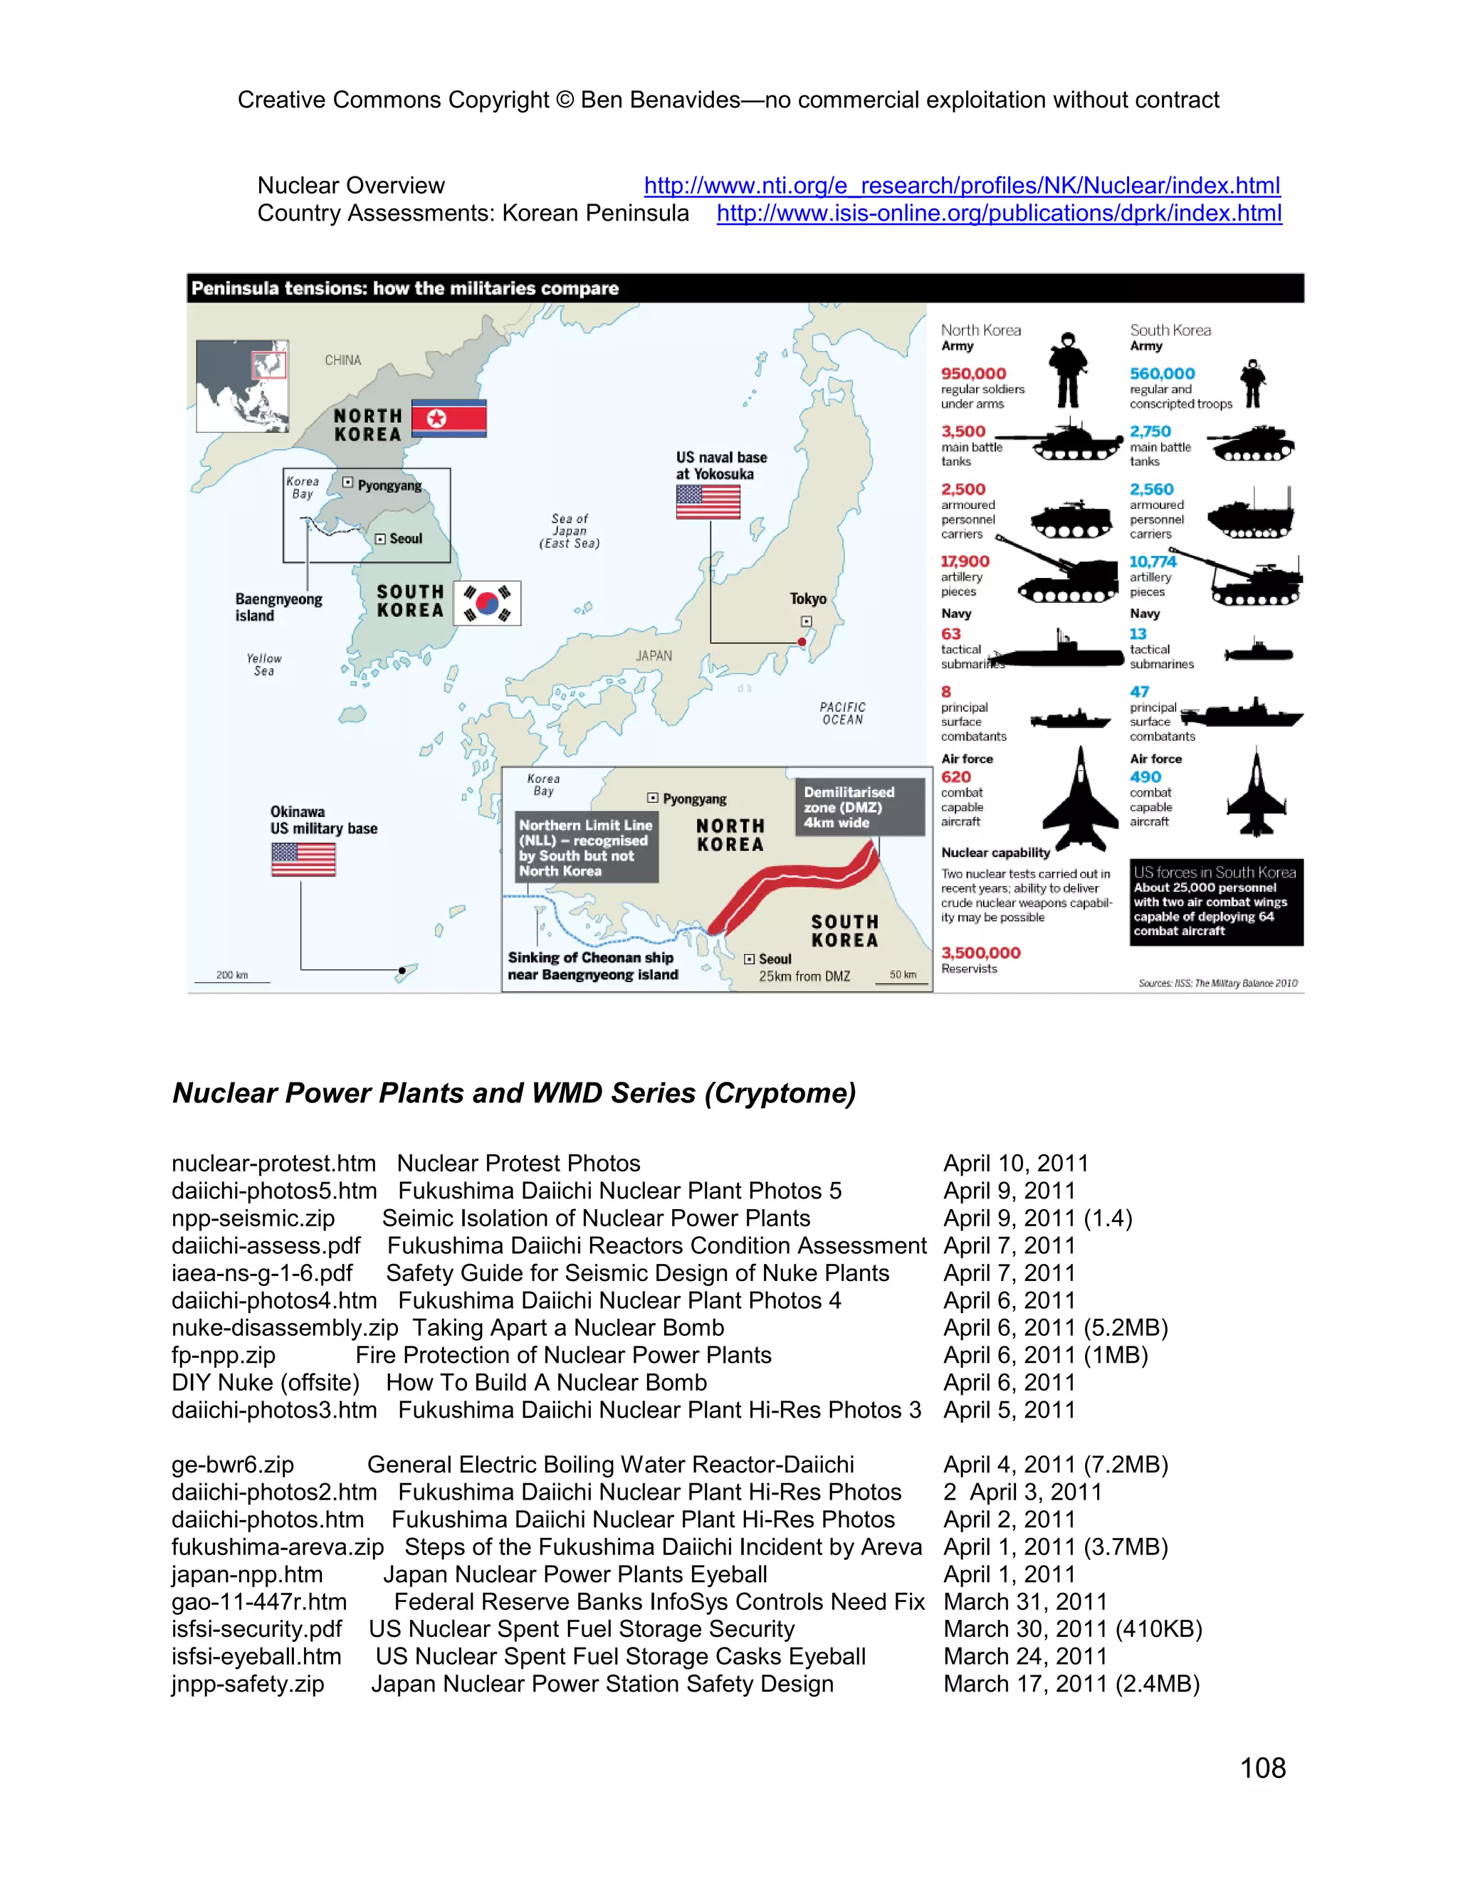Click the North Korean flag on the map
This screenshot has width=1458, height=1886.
[x=449, y=418]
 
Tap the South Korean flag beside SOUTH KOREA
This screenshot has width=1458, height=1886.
[x=487, y=603]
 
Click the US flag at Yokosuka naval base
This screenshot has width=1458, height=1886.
[x=708, y=502]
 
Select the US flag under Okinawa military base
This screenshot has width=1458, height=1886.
[x=303, y=859]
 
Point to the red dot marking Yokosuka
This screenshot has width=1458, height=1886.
[x=802, y=642]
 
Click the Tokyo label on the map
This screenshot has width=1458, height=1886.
[x=807, y=599]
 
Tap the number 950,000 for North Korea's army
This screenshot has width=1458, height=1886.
[x=973, y=373]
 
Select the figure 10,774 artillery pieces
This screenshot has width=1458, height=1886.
[x=1153, y=562]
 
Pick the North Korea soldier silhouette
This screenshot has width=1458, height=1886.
[x=1069, y=371]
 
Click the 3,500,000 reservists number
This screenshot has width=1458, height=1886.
[x=980, y=952]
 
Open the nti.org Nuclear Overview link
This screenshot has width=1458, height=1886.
[x=961, y=186]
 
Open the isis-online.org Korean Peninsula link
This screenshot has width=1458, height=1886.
[x=999, y=214]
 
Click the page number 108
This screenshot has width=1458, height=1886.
[x=1262, y=1768]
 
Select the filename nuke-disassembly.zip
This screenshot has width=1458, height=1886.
[x=284, y=1327]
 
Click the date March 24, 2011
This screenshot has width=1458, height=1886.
[x=1024, y=1656]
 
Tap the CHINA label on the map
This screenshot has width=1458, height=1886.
[x=343, y=360]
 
